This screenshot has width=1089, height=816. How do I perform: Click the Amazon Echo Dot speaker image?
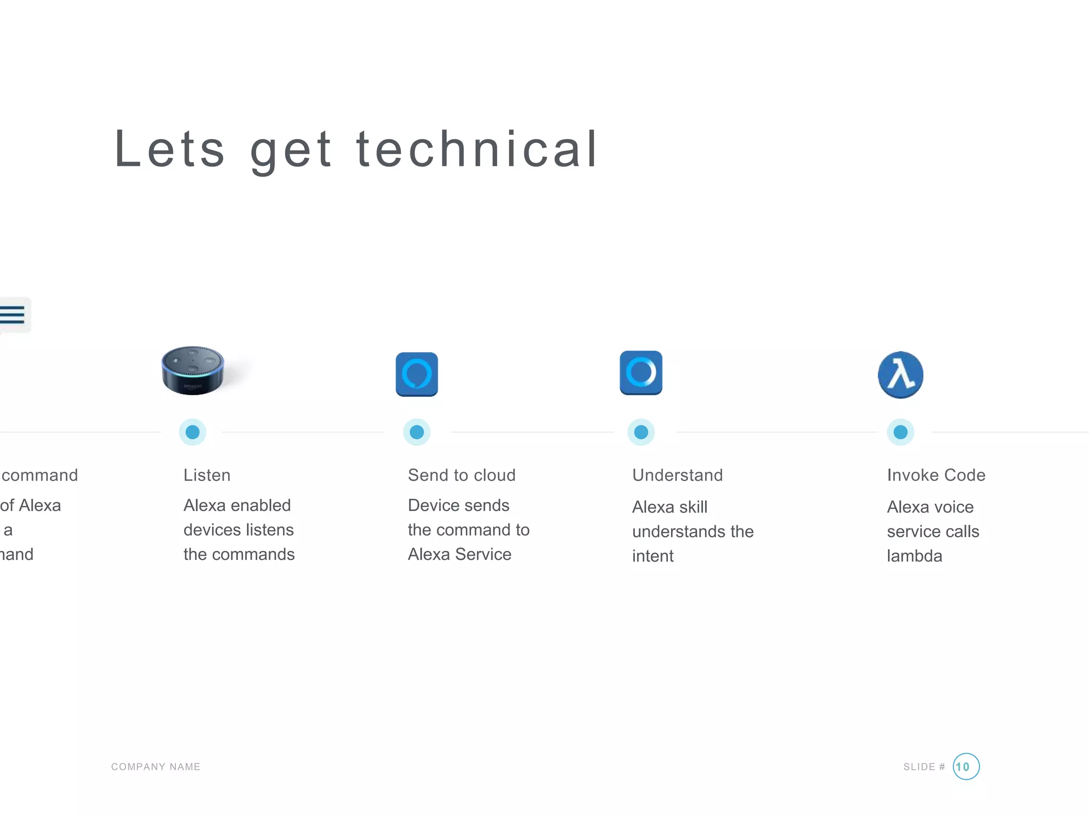193,370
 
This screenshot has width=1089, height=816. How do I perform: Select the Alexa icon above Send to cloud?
417,374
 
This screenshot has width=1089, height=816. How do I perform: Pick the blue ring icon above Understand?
641,372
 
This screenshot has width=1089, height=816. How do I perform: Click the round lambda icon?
900,375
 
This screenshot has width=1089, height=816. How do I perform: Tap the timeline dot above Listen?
192,432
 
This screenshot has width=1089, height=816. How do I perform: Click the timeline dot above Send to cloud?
417,432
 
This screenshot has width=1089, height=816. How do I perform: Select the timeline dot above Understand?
641,432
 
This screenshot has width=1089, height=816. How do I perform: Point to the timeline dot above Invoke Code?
900,432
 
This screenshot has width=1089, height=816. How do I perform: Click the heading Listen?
207,475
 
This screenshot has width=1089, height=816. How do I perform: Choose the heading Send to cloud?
462,475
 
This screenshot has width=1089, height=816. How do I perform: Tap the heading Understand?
677,475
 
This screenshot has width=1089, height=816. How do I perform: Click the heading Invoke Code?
936,475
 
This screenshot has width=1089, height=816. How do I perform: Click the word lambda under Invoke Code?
915,556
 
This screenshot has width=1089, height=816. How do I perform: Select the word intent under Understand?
653,556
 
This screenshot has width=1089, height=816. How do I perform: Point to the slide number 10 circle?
966,767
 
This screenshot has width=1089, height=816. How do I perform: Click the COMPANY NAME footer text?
156,767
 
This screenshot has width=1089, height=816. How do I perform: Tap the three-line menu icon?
13,314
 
